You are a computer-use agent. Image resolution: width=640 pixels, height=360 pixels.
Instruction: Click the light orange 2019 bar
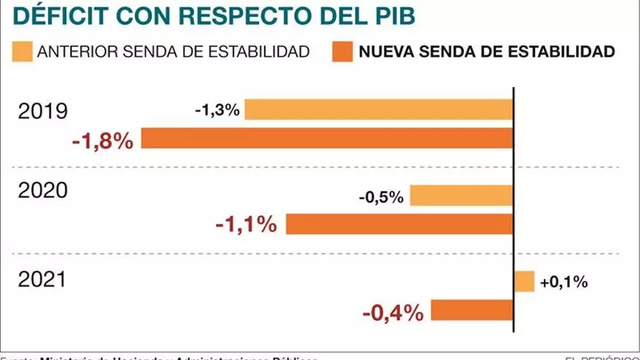(x=380, y=110)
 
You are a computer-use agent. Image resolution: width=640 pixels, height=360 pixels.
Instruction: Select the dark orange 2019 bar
(x=327, y=138)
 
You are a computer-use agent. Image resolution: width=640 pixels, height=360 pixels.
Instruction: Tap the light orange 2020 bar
(x=462, y=196)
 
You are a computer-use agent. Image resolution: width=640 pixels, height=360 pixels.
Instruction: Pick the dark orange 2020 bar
(x=400, y=224)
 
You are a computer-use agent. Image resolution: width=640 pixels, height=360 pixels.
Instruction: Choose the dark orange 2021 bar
(x=472, y=311)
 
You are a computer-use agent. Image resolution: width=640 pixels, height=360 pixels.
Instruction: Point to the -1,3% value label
(x=217, y=111)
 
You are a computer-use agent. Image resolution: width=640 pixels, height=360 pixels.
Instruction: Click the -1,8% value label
(x=103, y=140)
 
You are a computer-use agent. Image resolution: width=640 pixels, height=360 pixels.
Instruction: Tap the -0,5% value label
(x=382, y=197)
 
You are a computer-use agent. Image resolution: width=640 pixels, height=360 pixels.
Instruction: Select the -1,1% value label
(x=247, y=225)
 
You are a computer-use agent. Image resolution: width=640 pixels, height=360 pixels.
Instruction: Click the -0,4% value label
(x=393, y=313)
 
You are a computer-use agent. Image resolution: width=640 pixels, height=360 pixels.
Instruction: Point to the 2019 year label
(x=43, y=112)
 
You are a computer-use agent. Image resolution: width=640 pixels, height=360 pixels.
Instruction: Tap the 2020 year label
(x=43, y=191)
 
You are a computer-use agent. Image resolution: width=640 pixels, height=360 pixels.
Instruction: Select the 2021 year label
(x=43, y=279)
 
